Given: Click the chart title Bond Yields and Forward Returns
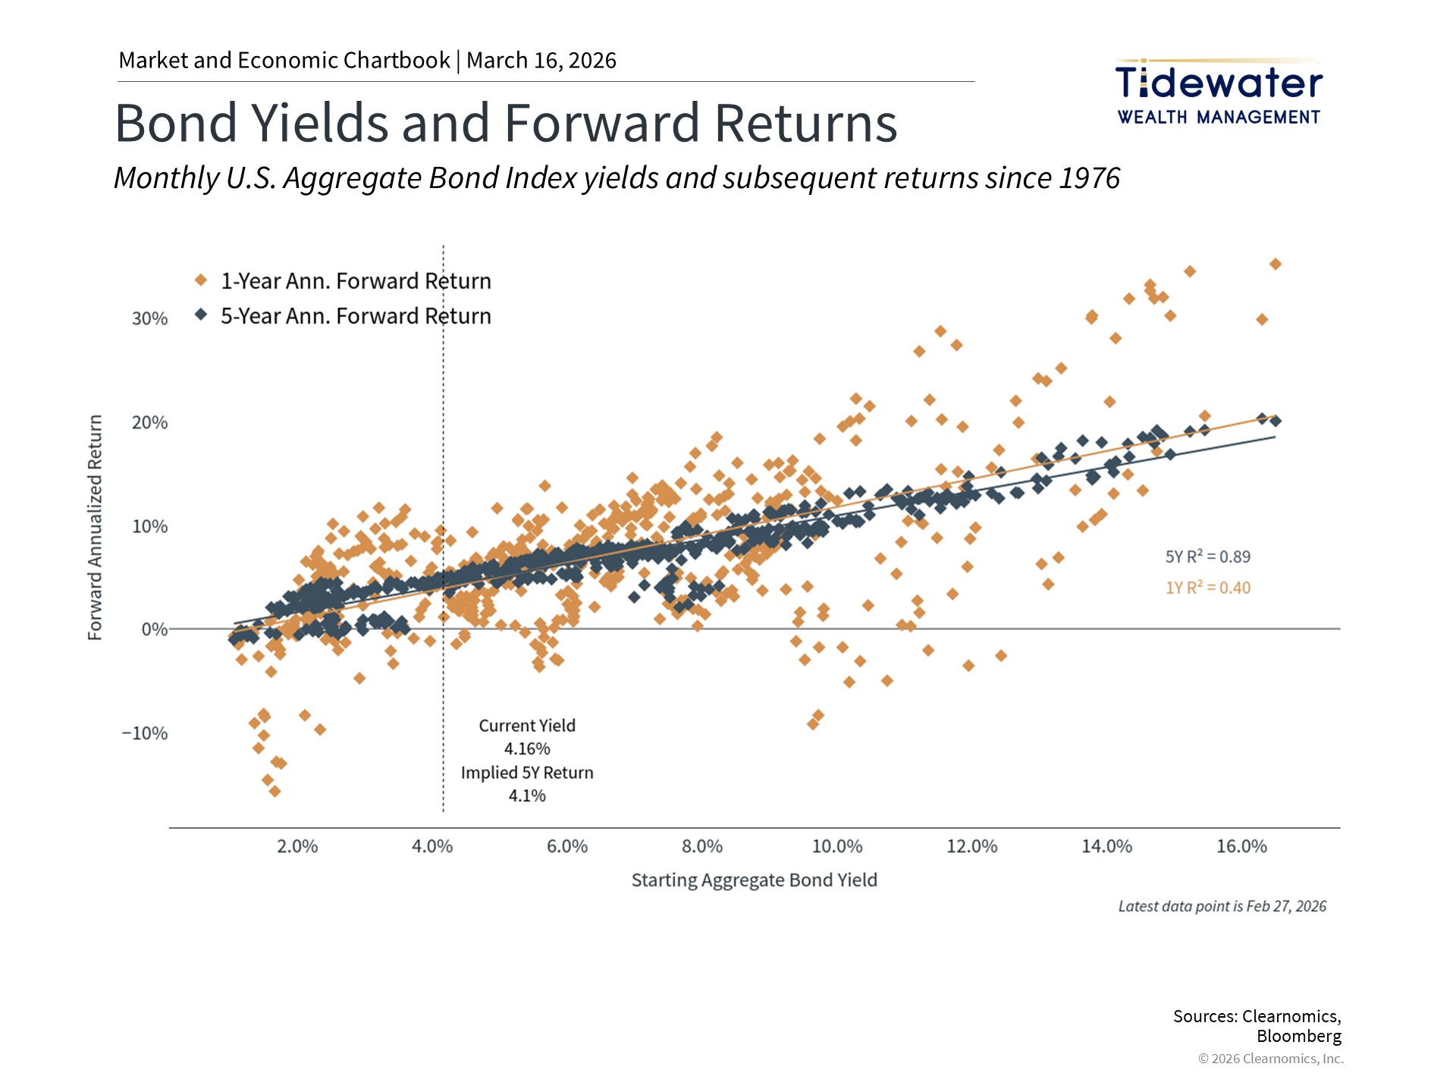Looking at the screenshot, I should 506,123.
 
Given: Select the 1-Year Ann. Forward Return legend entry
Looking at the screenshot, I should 355,281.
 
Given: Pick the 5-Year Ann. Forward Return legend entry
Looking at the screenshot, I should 355,316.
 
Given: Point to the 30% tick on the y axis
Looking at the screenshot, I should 149,318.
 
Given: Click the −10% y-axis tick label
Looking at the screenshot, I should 145,733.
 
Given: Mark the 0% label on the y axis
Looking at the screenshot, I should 154,629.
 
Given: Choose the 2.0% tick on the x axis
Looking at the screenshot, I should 297,846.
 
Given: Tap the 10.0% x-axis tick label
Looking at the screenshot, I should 837,846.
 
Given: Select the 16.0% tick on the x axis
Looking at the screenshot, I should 1241,846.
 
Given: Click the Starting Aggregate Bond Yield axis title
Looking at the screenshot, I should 754,880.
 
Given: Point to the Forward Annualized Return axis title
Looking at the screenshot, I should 95,527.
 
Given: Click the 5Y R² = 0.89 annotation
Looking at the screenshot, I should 1207,557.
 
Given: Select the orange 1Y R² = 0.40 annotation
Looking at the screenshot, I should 1207,588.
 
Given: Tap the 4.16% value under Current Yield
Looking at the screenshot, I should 527,749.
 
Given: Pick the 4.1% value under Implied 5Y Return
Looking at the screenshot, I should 527,796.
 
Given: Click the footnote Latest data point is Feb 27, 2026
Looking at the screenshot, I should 1222,907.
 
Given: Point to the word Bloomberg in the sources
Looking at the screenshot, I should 1298,1037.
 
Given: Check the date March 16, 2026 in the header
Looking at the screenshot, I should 541,61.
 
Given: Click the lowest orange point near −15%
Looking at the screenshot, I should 275,792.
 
